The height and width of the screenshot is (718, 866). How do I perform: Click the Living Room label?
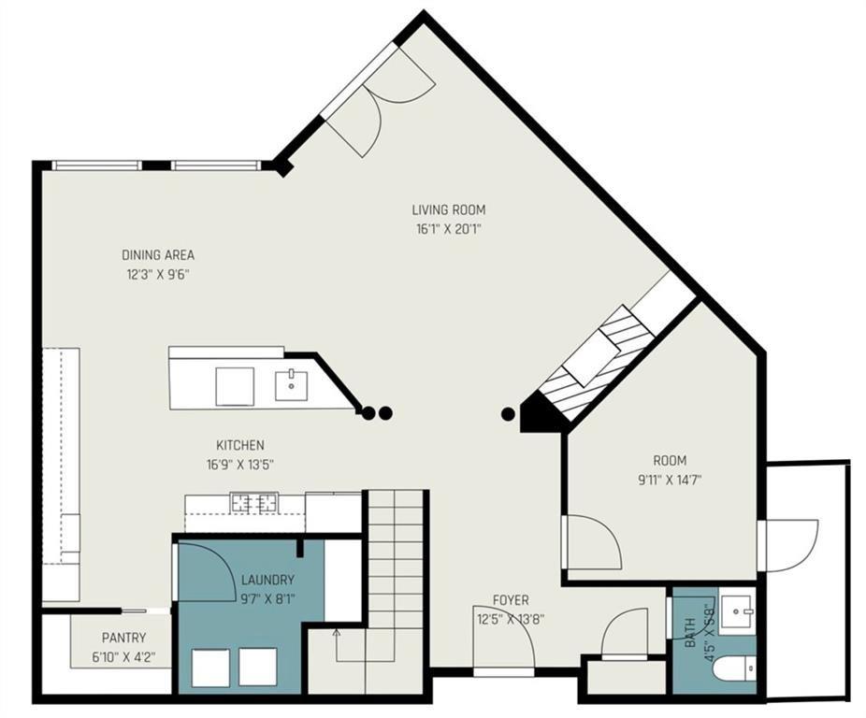tap(449, 209)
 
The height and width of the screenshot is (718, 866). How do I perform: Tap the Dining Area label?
tap(158, 254)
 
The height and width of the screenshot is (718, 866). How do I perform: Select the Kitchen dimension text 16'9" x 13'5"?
tap(240, 464)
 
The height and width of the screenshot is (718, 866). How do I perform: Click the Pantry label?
tap(123, 638)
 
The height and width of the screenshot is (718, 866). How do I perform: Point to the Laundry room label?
tap(267, 580)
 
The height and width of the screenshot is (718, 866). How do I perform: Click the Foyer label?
tap(512, 600)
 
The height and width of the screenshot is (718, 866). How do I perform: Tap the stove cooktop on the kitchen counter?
tap(253, 504)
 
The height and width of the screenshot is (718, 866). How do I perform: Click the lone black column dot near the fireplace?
tap(508, 413)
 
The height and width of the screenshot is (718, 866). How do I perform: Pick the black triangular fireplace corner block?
tap(541, 412)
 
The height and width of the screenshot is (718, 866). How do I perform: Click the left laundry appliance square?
tap(210, 668)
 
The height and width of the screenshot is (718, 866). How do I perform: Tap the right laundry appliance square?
tap(257, 667)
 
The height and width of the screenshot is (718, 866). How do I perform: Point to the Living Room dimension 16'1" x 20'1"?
tap(449, 228)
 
